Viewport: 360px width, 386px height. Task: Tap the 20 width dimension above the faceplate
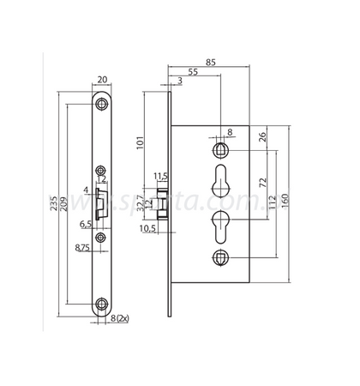(103, 80)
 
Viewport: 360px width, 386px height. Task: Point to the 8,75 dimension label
(82, 248)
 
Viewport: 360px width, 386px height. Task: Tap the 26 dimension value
(262, 136)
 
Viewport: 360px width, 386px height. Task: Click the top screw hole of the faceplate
(103, 103)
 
